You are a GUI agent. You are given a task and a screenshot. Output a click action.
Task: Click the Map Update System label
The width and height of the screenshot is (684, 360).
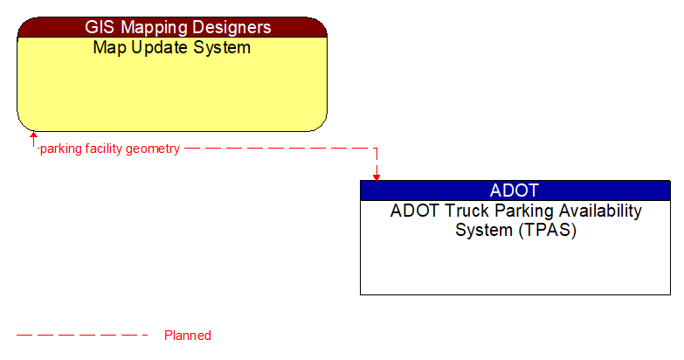click(172, 47)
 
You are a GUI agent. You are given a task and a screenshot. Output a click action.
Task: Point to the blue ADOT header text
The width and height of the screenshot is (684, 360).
click(515, 190)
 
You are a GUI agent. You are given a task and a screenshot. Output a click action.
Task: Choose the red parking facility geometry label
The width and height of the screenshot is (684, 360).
click(110, 149)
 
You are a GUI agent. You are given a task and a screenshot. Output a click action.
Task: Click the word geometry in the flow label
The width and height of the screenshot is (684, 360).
click(153, 149)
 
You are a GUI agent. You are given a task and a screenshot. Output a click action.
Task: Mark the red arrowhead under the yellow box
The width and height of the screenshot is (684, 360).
click(33, 135)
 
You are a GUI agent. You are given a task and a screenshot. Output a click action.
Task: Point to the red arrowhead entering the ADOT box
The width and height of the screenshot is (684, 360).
click(377, 176)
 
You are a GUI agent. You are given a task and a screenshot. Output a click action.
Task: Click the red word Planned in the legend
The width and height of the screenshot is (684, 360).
click(188, 336)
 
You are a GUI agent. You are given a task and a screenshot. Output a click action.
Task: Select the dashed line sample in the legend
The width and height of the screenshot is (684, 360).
click(83, 336)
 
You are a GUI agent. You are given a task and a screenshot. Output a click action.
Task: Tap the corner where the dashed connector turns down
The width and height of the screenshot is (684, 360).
click(377, 149)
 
